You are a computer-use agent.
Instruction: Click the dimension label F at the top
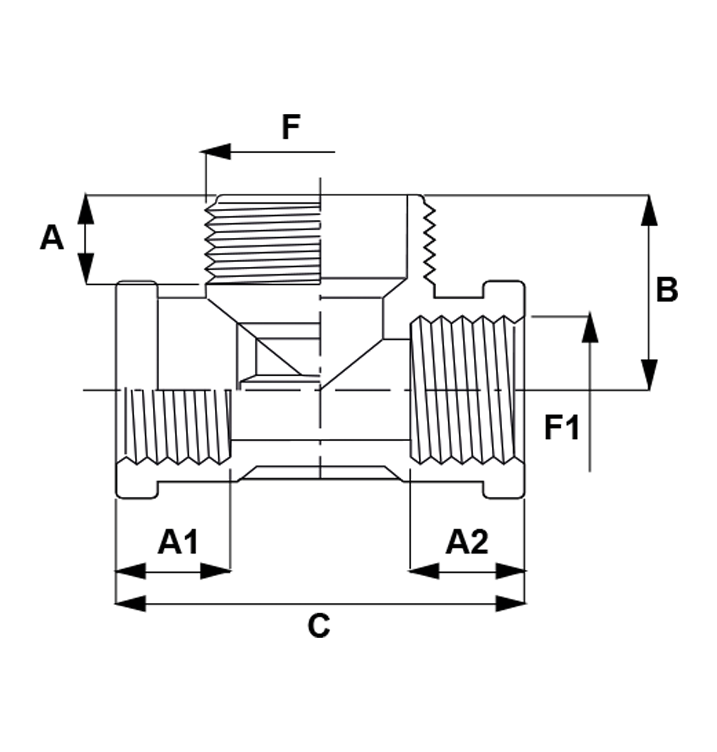click(291, 127)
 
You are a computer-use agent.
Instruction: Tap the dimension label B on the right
click(667, 290)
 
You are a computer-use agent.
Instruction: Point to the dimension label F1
click(562, 428)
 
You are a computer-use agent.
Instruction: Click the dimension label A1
click(178, 542)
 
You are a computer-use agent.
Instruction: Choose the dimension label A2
click(467, 542)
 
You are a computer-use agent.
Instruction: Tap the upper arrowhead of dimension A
click(86, 209)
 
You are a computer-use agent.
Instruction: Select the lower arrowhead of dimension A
click(86, 269)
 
